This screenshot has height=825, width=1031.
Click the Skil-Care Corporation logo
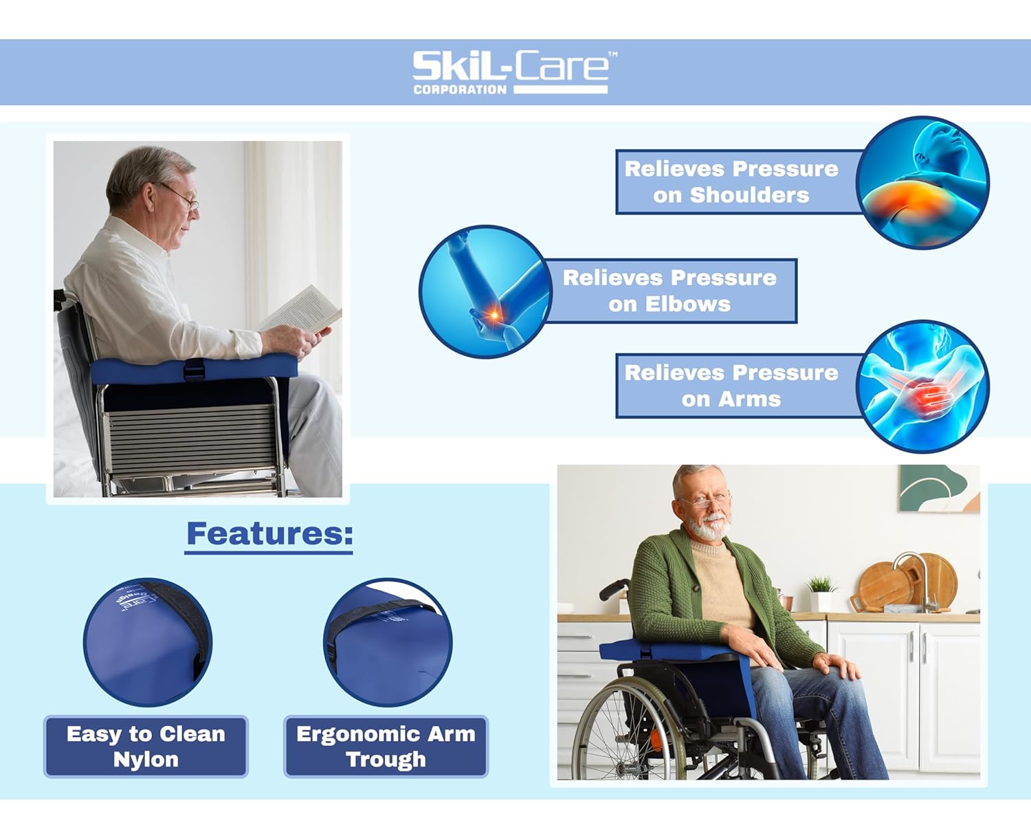(510, 72)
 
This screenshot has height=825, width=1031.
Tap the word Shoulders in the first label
(749, 195)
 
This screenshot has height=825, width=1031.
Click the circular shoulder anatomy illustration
(922, 183)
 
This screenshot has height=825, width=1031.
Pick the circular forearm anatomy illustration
(922, 386)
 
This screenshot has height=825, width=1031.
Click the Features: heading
(269, 534)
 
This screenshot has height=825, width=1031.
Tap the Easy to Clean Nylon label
(146, 747)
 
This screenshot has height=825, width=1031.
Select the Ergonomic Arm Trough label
(386, 747)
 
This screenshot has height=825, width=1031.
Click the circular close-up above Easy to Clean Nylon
(147, 642)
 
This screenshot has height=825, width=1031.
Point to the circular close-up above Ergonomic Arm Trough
(388, 642)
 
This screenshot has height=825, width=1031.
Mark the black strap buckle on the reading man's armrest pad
(194, 370)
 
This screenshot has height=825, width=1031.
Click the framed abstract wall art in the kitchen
(938, 488)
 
